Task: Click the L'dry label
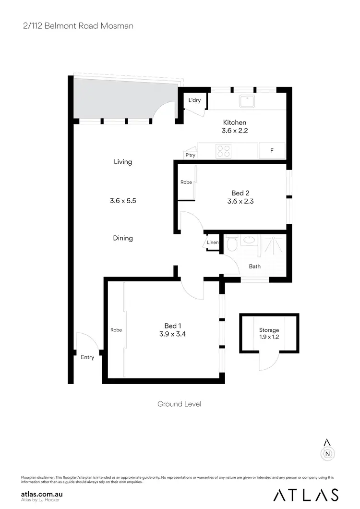point(194,100)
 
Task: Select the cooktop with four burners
point(223,151)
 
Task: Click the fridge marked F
point(272,151)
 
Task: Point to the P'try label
point(191,155)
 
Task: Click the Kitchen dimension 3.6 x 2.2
point(235,130)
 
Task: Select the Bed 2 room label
point(241,193)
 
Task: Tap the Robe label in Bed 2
point(186,182)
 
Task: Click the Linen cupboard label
point(213,242)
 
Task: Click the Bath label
point(254,266)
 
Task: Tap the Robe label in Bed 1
point(116,330)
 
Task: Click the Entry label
point(87,357)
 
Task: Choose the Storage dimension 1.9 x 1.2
point(269,338)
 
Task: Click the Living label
point(123,162)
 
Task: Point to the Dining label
point(123,238)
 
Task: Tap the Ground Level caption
point(180,404)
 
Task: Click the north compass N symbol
point(327,452)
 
